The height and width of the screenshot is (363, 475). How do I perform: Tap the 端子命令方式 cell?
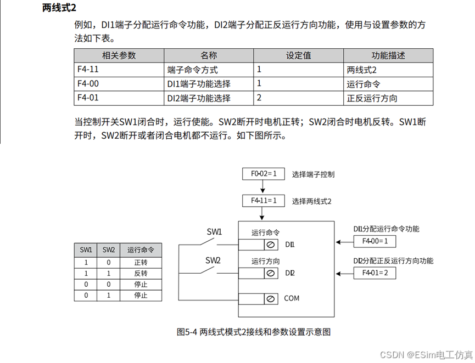coord(192,70)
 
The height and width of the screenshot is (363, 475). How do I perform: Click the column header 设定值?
coord(298,55)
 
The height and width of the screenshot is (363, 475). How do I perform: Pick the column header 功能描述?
coord(388,55)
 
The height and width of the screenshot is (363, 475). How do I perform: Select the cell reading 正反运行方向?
coord(372,98)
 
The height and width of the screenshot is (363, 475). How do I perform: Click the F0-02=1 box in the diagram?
coord(264,174)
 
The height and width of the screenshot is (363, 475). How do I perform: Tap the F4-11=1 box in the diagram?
coord(264,201)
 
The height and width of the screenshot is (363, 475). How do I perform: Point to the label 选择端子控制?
coord(313,174)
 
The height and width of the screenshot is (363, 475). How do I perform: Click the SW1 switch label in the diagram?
coord(214,232)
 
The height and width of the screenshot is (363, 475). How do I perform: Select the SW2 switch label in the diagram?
coord(213,259)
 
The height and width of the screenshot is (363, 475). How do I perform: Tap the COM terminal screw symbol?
coord(270,299)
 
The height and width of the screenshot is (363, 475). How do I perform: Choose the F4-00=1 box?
coord(375,241)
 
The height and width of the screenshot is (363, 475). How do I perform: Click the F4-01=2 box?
coord(375,273)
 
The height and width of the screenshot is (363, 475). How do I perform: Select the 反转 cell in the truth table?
coord(141,273)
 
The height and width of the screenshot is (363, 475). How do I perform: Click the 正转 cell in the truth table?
coord(141,262)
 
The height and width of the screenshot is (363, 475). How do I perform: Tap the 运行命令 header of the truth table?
coord(141,249)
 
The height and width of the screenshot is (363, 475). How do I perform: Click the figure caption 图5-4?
coord(253,332)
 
